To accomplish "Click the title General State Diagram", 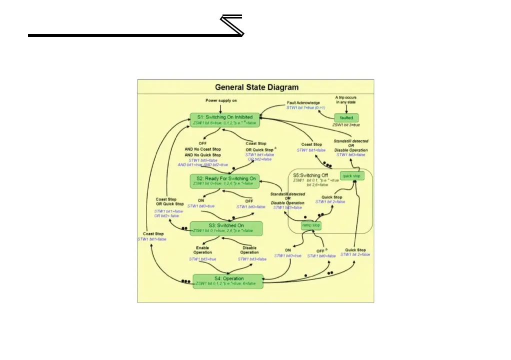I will (257, 87).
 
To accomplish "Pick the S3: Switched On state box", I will (226, 228).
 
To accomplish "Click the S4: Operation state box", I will (228, 281).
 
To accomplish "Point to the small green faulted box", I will (346, 118).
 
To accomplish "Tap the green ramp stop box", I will (310, 225).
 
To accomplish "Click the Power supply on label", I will (221, 100).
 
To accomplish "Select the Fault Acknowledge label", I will (303, 102).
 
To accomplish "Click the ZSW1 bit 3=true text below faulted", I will (346, 124).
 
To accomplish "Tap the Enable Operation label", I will (202, 249).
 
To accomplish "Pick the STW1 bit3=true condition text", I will (202, 259).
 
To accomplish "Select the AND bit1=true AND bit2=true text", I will (202, 164).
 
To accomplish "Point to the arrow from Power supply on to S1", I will (221, 108).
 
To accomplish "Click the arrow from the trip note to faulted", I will (346, 108).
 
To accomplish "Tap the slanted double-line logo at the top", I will (232, 25).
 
